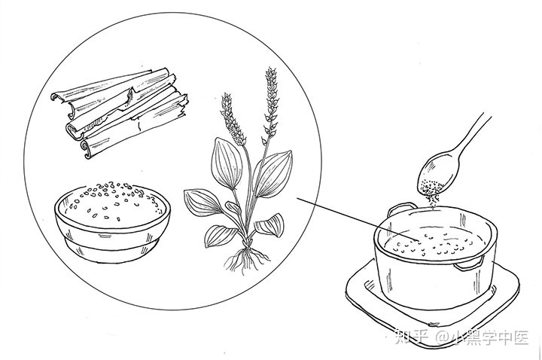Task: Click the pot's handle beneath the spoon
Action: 402,209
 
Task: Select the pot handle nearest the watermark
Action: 468,264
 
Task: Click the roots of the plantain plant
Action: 246,258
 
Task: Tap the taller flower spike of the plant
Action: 271,100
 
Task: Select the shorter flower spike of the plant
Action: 232,119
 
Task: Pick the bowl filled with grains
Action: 112,221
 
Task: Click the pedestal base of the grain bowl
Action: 112,252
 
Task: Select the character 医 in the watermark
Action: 520,337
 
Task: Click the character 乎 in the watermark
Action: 420,337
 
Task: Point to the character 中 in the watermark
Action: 502,337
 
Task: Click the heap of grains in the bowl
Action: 112,200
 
